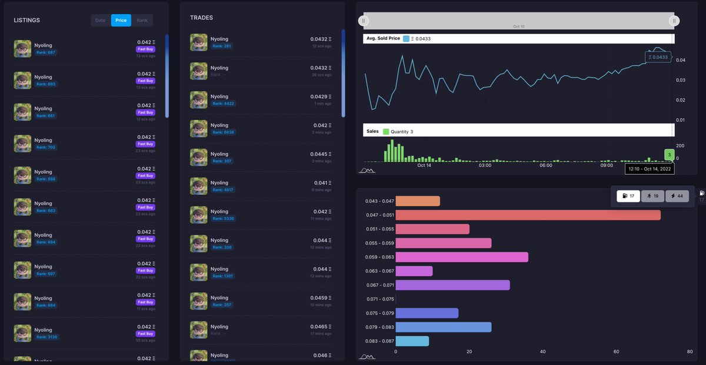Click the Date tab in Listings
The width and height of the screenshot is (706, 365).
(x=101, y=21)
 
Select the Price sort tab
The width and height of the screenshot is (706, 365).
(x=121, y=21)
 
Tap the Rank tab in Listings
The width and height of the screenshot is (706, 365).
(x=142, y=21)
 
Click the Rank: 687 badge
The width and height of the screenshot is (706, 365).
(x=45, y=52)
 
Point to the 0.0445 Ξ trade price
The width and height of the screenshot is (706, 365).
(x=321, y=154)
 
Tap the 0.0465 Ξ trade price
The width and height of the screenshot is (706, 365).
(x=321, y=327)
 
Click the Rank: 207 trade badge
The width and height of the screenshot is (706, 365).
(x=222, y=304)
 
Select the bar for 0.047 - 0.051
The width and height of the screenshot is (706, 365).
(x=528, y=215)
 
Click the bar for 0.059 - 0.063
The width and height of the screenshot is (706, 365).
(x=462, y=257)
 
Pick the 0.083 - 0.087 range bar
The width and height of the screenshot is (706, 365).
(x=412, y=341)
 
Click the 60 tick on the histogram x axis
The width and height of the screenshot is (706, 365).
(x=616, y=352)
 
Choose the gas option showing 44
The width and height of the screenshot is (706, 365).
(x=677, y=196)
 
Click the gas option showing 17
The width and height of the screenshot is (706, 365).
(x=628, y=196)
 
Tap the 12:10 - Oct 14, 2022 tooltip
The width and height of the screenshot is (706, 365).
(x=650, y=169)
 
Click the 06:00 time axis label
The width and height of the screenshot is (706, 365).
(x=545, y=165)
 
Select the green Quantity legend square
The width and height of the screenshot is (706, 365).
(x=386, y=132)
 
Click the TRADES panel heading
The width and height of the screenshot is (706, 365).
(x=201, y=18)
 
